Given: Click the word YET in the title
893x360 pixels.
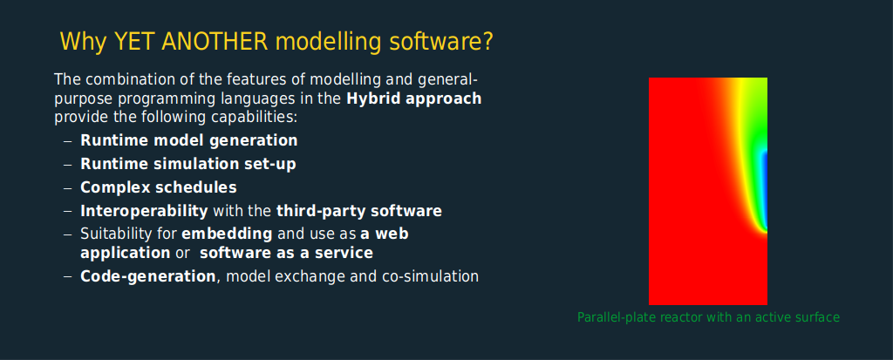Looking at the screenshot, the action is pyautogui.click(x=134, y=42).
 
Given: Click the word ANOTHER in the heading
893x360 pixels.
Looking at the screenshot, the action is pyautogui.click(x=215, y=42).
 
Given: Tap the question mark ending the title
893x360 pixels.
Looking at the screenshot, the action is pyautogui.click(x=487, y=42).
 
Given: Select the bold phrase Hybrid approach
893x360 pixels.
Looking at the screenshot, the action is pyautogui.click(x=414, y=99).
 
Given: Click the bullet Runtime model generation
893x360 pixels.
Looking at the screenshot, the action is pyautogui.click(x=189, y=140).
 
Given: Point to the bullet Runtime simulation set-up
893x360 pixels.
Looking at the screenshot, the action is pyautogui.click(x=188, y=164).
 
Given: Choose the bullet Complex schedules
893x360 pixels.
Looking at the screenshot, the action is pyautogui.click(x=159, y=187).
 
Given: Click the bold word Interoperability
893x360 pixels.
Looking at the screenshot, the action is pyautogui.click(x=144, y=211).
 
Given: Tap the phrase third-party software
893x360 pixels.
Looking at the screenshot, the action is pyautogui.click(x=359, y=211).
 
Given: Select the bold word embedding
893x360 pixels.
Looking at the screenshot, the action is pyautogui.click(x=227, y=234).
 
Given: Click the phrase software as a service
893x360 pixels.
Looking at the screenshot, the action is pyautogui.click(x=286, y=253).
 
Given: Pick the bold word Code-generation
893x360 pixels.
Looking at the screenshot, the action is pyautogui.click(x=148, y=277).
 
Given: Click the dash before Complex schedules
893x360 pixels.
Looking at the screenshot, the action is pyautogui.click(x=68, y=188).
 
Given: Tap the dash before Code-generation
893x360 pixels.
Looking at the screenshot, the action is pyautogui.click(x=68, y=277).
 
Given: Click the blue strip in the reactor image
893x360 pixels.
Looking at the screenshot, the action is pyautogui.click(x=765, y=190).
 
